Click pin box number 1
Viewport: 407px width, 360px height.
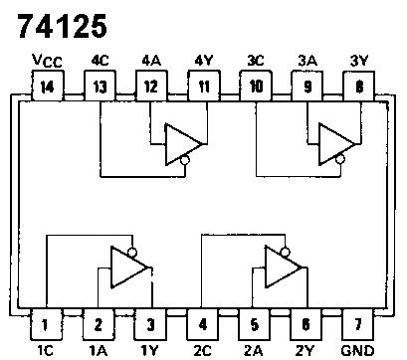pos(45,324)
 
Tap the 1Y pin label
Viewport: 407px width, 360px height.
pos(150,350)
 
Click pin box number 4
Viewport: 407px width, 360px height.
pos(203,324)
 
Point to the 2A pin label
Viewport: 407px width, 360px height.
pos(256,350)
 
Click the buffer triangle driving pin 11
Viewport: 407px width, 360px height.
pos(182,140)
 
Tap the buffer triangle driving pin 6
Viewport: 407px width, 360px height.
pos(283,268)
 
